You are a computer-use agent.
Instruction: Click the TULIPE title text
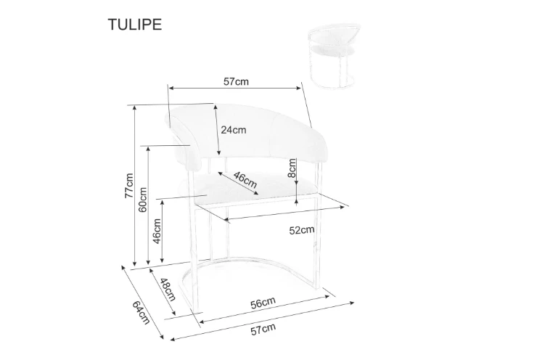[x=134, y=25]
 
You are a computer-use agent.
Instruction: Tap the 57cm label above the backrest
[x=236, y=82]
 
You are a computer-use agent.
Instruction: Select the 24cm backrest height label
[x=233, y=130]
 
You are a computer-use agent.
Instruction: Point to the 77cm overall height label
[x=128, y=185]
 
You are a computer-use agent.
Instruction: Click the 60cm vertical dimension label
[x=142, y=200]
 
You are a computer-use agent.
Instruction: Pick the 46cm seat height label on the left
[x=157, y=232]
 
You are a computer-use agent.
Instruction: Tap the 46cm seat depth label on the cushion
[x=245, y=179]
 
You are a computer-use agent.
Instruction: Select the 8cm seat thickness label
[x=292, y=168]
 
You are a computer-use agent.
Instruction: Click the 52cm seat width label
[x=302, y=230]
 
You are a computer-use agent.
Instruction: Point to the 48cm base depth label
[x=168, y=290]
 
